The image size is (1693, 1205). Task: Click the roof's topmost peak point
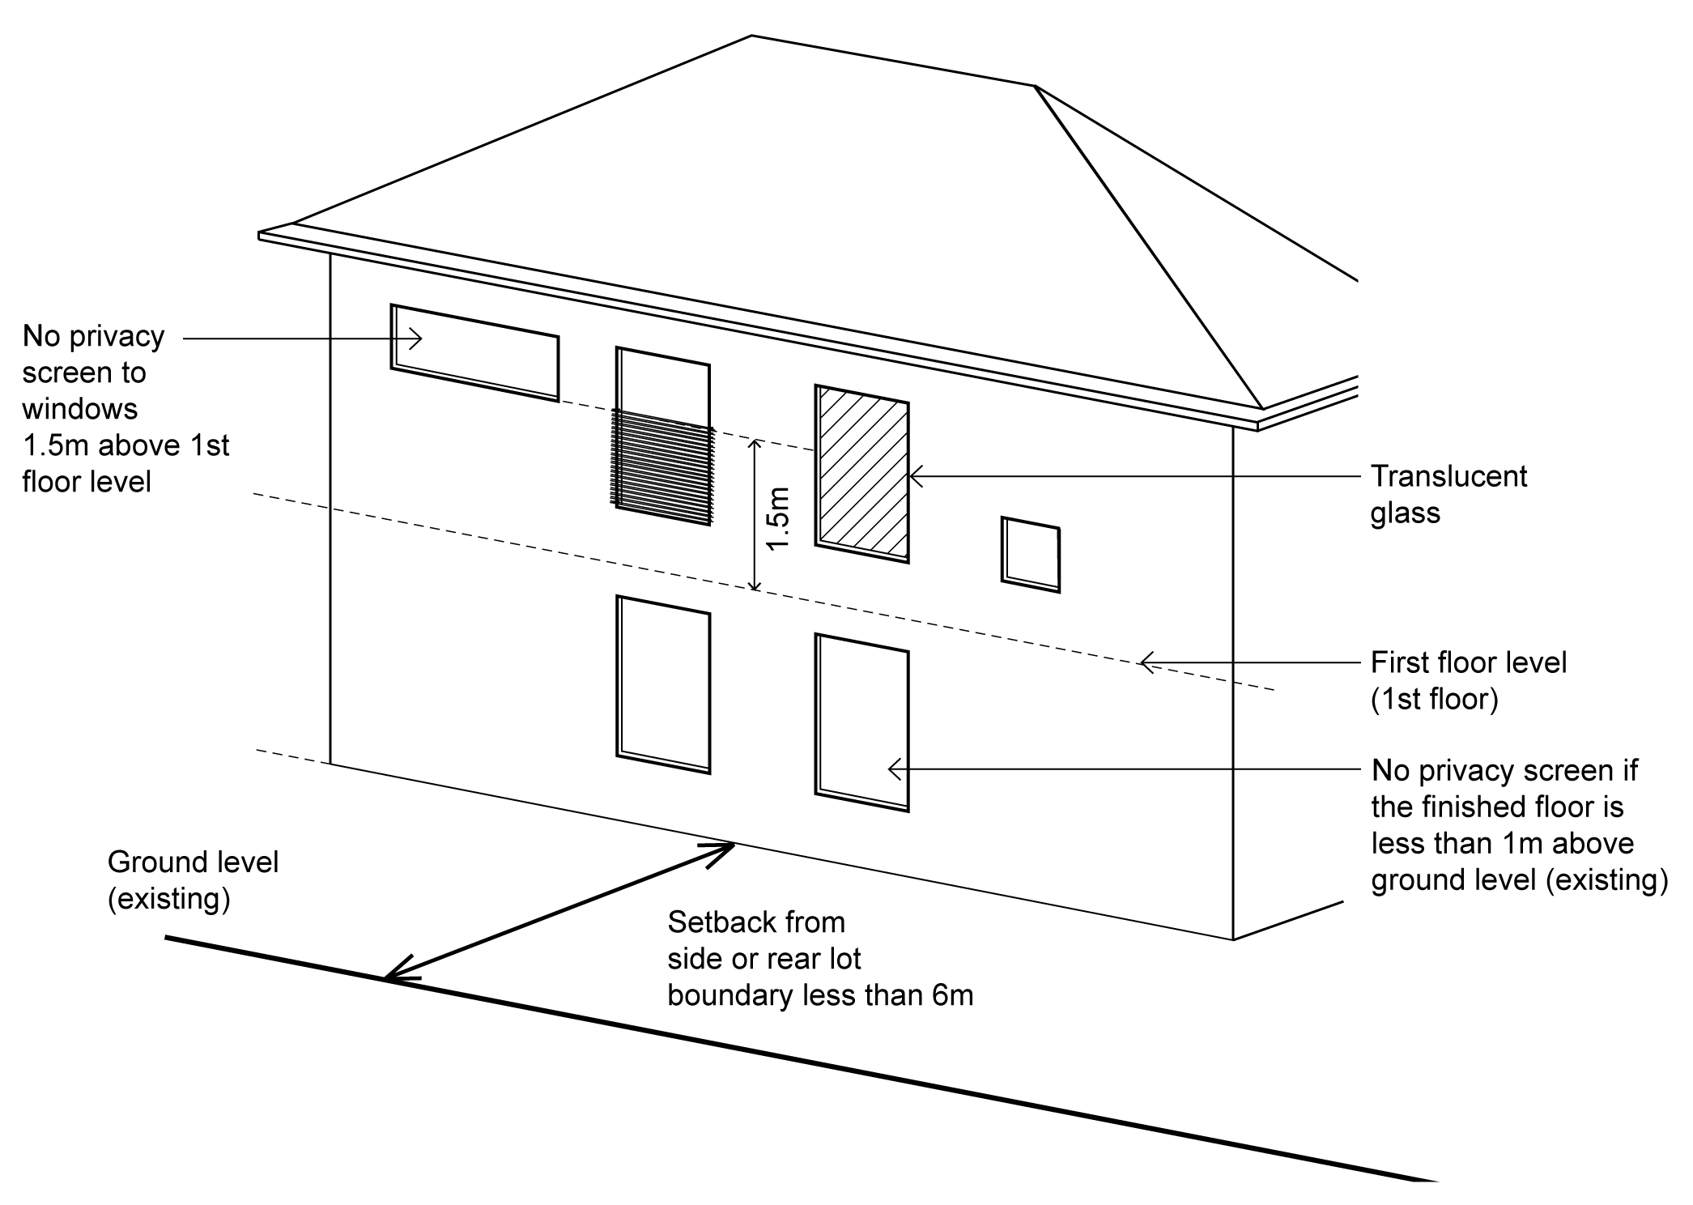(751, 36)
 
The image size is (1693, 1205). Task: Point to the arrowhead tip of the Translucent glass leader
(910, 476)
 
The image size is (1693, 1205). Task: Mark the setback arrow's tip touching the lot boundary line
(385, 981)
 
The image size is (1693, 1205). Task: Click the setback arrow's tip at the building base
(734, 845)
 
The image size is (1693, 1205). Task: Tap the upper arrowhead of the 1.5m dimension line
(755, 440)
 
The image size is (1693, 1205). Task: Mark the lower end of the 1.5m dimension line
(755, 590)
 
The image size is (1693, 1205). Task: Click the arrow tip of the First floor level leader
(1140, 662)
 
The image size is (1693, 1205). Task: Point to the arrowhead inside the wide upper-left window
(421, 339)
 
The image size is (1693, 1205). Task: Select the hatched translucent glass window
(861, 473)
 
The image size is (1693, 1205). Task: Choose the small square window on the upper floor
(1031, 555)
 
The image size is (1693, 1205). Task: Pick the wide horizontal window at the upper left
(474, 352)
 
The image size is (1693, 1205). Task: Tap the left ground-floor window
(663, 684)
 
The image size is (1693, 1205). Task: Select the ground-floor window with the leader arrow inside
(861, 722)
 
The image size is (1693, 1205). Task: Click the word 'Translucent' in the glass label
(1448, 476)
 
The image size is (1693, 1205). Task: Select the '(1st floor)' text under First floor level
(1435, 700)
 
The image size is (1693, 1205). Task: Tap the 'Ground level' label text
(193, 862)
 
